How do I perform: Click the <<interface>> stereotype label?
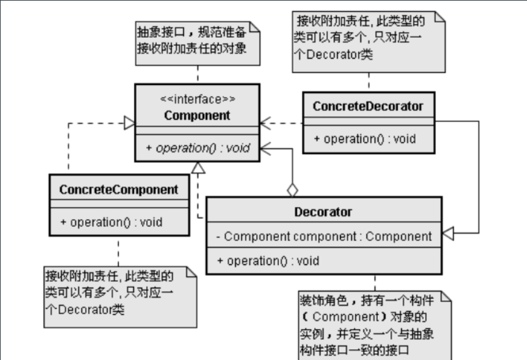[x=198, y=99]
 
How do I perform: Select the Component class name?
[x=197, y=115]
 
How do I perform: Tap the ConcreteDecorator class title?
[x=368, y=106]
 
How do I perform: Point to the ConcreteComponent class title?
[x=118, y=189]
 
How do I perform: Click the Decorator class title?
[x=323, y=212]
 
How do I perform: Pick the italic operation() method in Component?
[x=198, y=148]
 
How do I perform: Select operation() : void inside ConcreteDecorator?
[x=365, y=138]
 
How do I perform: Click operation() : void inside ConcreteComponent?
[x=111, y=222]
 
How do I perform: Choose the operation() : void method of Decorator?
[x=268, y=261]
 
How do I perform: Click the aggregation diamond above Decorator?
[x=292, y=190]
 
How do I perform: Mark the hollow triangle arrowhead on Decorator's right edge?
[x=448, y=233]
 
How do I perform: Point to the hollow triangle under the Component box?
[x=198, y=167]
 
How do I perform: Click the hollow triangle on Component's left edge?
[x=130, y=123]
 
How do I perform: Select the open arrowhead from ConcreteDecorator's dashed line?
[x=266, y=123]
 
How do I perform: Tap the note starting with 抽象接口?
[x=198, y=43]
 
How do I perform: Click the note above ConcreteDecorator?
[x=369, y=42]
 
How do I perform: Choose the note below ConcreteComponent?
[x=120, y=297]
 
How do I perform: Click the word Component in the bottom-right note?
[x=346, y=317]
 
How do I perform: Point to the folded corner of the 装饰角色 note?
[x=446, y=296]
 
